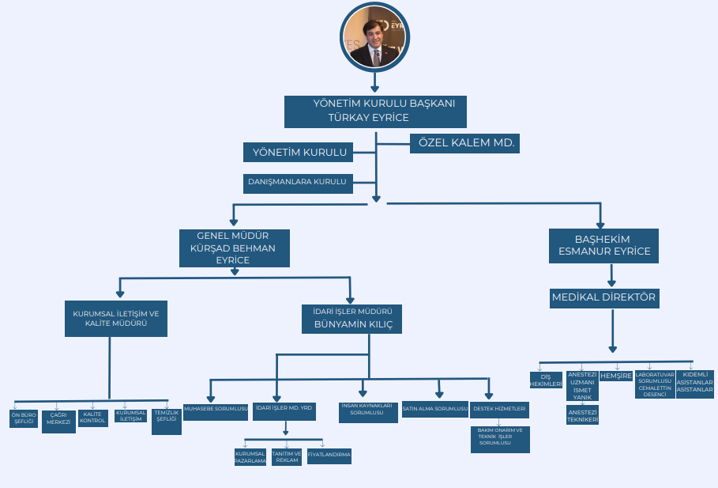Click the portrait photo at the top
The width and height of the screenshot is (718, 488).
coord(374,38)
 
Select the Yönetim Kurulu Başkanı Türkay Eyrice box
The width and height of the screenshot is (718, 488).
coord(375,111)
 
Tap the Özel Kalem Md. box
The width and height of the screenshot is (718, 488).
coord(465,143)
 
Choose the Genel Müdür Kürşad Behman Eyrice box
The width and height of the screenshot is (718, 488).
coord(233,248)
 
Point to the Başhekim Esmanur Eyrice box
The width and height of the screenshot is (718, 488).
coord(603,246)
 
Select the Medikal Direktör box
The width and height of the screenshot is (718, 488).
coord(603,298)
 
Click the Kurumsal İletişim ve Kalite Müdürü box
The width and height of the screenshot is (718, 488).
coord(116,318)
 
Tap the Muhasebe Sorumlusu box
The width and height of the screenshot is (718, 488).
coord(216,410)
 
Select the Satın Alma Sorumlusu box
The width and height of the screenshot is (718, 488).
coord(435,410)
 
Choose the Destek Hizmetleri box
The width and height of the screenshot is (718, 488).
coord(499,410)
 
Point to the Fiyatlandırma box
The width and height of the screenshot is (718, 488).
coord(329,456)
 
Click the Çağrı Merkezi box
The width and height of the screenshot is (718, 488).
coord(59,421)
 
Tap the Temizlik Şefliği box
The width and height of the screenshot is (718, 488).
coord(167,417)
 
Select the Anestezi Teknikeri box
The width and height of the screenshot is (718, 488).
coord(582,415)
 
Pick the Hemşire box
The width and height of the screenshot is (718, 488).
coord(616,376)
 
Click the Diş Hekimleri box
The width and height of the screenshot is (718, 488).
coord(546,380)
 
